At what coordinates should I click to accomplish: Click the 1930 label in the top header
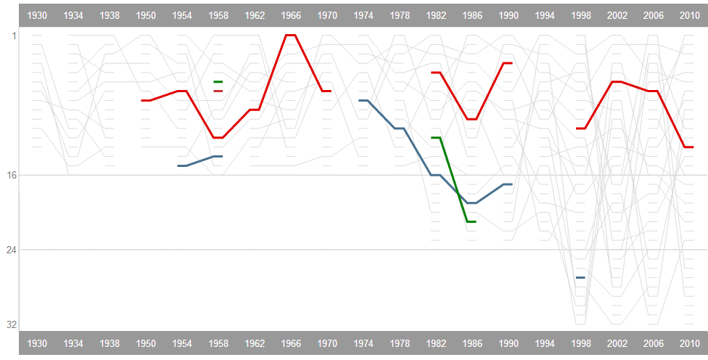(x=37, y=15)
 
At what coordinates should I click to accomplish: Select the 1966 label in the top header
(x=291, y=15)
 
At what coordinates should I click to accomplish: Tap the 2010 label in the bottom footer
(x=689, y=343)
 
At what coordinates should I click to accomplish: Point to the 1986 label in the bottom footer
(x=472, y=343)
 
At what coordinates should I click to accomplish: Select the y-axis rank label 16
(x=12, y=175)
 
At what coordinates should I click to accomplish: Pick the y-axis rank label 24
(x=12, y=250)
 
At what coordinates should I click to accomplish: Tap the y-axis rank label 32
(x=12, y=324)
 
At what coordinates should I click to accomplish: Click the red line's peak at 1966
(x=291, y=35)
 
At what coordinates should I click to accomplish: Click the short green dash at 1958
(x=218, y=82)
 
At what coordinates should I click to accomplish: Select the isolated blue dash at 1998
(x=580, y=277)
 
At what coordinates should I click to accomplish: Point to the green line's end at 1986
(x=472, y=221)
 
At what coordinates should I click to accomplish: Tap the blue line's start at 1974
(x=363, y=100)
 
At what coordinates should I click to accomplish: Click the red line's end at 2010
(x=689, y=147)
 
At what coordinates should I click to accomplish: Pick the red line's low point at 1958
(x=218, y=138)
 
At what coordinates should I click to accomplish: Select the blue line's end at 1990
(x=508, y=184)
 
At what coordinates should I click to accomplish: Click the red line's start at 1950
(x=146, y=100)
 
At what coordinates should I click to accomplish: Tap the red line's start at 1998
(x=580, y=128)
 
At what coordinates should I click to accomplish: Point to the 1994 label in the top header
(x=545, y=15)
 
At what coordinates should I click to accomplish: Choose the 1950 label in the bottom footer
(x=146, y=343)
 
